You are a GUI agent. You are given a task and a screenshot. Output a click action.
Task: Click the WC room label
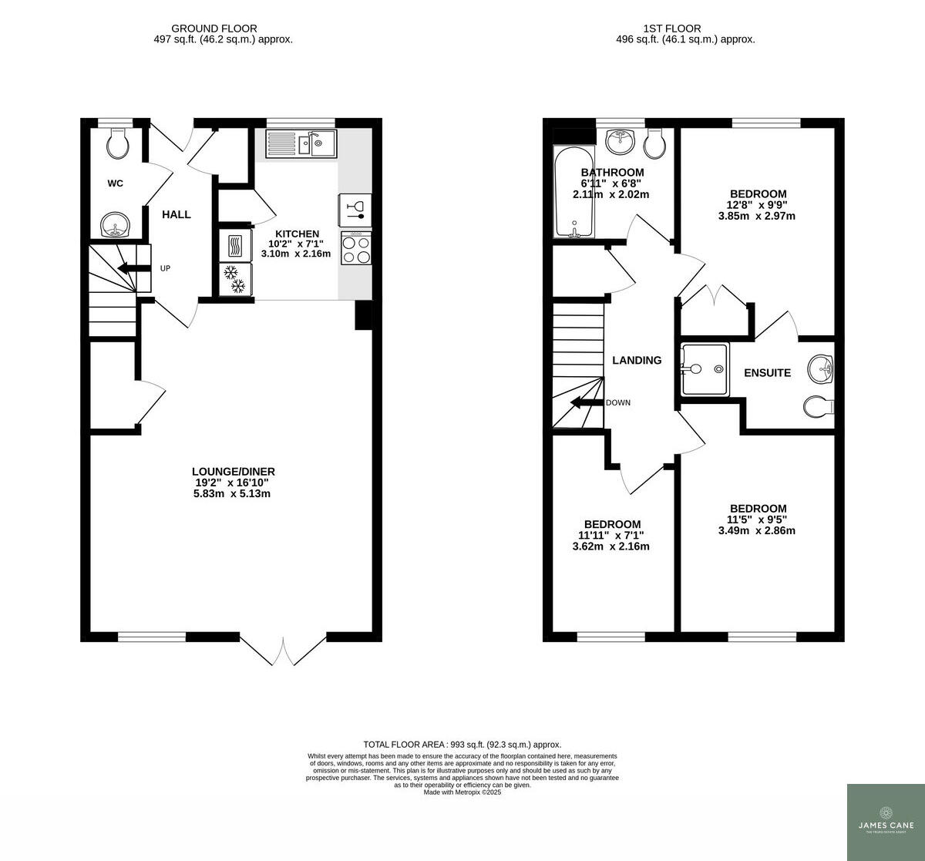(115, 183)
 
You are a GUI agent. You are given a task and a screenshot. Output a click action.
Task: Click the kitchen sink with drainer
(301, 143)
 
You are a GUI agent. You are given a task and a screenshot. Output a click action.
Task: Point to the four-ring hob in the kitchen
(356, 248)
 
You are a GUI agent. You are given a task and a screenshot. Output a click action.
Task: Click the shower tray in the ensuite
(705, 369)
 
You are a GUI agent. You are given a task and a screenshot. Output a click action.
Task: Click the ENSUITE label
(767, 373)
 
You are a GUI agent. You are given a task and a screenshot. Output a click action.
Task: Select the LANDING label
(637, 360)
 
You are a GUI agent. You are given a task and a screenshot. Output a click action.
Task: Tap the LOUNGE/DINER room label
(234, 472)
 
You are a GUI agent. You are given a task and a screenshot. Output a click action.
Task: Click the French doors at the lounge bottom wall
(284, 649)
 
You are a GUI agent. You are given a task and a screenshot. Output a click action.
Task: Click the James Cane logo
(886, 822)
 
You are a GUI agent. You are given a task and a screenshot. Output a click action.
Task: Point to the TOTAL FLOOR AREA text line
(462, 745)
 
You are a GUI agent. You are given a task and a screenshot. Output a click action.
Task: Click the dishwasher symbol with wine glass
(355, 208)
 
